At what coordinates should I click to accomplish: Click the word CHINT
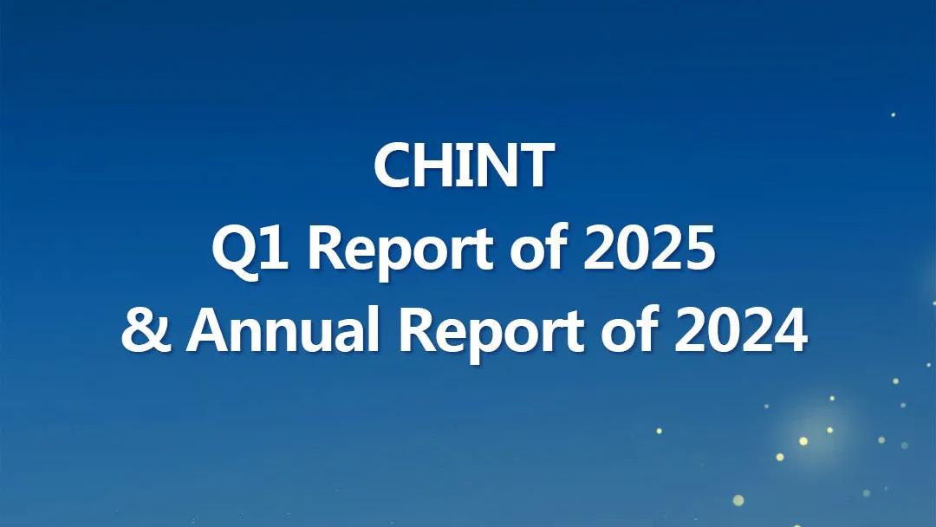pyautogui.click(x=464, y=166)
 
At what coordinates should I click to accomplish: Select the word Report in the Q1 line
pyautogui.click(x=400, y=251)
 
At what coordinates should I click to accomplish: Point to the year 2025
pyautogui.click(x=649, y=248)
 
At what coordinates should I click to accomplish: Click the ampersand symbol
pyautogui.click(x=146, y=329)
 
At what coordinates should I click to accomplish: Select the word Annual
pyautogui.click(x=283, y=329)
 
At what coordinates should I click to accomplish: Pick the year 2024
pyautogui.click(x=741, y=329)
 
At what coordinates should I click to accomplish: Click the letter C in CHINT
pyautogui.click(x=393, y=166)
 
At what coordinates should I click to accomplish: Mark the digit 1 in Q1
pyautogui.click(x=277, y=248)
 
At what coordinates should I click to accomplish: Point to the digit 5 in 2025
pyautogui.click(x=699, y=248)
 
